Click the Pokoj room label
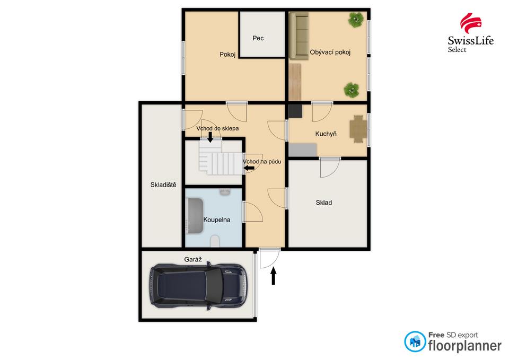[227, 54]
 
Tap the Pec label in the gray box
[258, 38]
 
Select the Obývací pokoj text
[330, 52]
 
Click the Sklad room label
[323, 203]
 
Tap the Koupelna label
[216, 219]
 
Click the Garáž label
[193, 260]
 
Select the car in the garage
[197, 286]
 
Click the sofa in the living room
[299, 36]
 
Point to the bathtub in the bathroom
[194, 217]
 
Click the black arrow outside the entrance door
[274, 276]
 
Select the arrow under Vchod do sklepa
[210, 137]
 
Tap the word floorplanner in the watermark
[464, 346]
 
